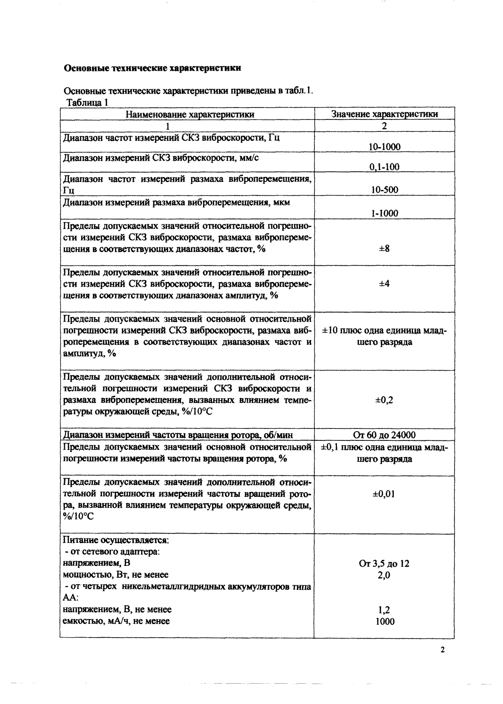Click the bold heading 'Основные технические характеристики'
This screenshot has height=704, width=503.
click(152, 68)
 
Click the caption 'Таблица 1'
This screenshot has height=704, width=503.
click(88, 102)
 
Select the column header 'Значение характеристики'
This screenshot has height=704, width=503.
click(384, 114)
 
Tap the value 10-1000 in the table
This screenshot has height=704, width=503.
click(384, 147)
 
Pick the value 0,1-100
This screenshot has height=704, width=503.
click(384, 167)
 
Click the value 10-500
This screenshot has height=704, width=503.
click(384, 190)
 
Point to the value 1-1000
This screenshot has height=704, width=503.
click(384, 213)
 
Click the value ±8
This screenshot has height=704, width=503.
click(384, 249)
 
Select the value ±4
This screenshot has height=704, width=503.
click(384, 283)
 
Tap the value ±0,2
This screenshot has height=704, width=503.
click(384, 400)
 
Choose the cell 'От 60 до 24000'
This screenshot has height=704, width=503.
click(384, 435)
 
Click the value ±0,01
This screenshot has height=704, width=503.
click(384, 494)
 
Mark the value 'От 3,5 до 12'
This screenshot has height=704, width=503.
click(384, 564)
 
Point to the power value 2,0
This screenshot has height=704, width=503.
click(384, 575)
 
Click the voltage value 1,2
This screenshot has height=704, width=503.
click(384, 610)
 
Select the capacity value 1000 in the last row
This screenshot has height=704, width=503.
click(384, 622)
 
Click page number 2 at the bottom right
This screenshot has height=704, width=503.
click(443, 650)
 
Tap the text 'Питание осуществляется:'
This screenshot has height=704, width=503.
click(116, 540)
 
